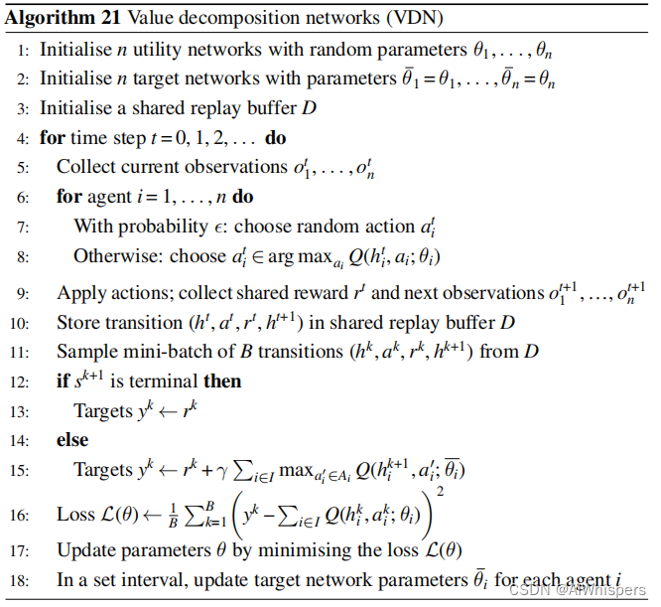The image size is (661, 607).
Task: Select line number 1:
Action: tap(24, 50)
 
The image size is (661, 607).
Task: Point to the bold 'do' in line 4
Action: tap(276, 137)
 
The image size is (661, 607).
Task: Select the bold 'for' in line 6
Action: tap(69, 196)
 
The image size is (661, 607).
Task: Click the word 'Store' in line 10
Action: tap(77, 322)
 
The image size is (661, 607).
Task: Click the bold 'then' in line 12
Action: tap(222, 380)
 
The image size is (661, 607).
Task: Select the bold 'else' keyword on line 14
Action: tap(72, 438)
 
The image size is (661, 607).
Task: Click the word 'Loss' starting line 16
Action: tap(74, 516)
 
